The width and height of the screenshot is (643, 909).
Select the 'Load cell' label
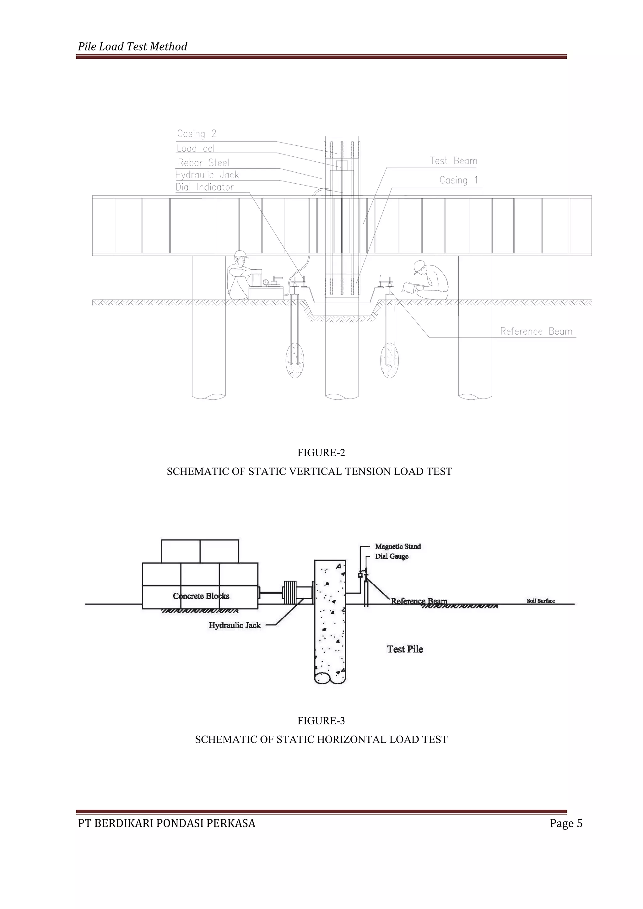pos(197,149)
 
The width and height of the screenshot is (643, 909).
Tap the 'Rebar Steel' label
pos(203,163)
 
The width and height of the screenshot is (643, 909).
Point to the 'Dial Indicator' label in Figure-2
pos(205,187)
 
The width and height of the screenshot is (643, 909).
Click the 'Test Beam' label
pos(454,161)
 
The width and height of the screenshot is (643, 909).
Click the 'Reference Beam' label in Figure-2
pos(536,331)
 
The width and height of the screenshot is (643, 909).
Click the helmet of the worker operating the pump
pos(240,255)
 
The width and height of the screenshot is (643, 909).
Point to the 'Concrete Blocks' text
pos(201,596)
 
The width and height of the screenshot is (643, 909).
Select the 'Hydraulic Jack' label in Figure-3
pos(235,625)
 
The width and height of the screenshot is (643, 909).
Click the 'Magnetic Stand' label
pos(398,546)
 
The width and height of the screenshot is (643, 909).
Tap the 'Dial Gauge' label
pos(392,556)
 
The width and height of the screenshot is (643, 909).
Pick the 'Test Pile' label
pos(405,649)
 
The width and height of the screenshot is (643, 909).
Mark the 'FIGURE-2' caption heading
pos(321,452)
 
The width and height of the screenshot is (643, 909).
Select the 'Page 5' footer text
pos(566,824)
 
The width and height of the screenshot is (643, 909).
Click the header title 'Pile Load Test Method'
pos(132,47)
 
